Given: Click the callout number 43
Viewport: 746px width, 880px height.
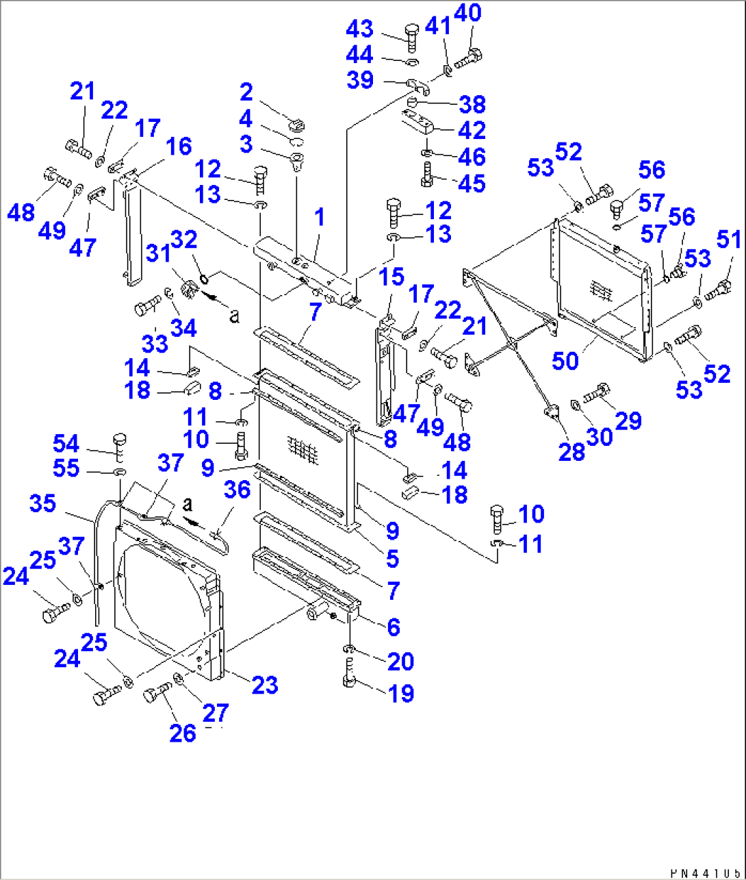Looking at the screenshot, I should pyautogui.click(x=359, y=29).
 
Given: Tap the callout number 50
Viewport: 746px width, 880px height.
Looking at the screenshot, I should pyautogui.click(x=565, y=360).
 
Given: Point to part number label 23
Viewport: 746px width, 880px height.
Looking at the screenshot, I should pyautogui.click(x=265, y=684).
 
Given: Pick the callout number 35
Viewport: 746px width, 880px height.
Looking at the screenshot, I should pyautogui.click(x=42, y=503).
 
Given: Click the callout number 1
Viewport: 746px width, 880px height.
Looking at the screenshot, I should pyautogui.click(x=319, y=218).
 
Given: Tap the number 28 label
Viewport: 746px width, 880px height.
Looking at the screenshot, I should pyautogui.click(x=572, y=451).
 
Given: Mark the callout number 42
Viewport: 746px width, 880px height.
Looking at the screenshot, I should pyautogui.click(x=472, y=129).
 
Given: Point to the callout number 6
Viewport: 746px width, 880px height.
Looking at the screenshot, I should pyautogui.click(x=393, y=626).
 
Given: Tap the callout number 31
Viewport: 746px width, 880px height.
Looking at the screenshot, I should pyautogui.click(x=158, y=253).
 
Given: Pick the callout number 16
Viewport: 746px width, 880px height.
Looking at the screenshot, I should pyautogui.click(x=179, y=146).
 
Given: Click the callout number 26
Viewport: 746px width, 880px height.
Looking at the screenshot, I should pyautogui.click(x=183, y=733).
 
